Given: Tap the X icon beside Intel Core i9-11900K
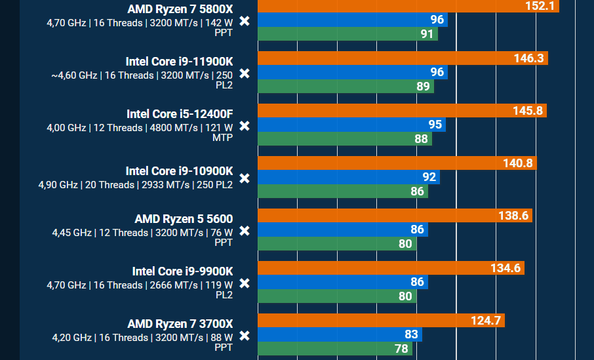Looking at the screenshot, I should [x=244, y=73].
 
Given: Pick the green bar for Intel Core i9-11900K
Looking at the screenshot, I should [x=346, y=86].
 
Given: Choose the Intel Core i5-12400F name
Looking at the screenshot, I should [x=180, y=113].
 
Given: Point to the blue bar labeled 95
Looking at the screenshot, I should [x=351, y=125].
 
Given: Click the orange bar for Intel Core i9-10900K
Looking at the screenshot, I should [x=397, y=163].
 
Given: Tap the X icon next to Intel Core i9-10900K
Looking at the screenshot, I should [x=244, y=178].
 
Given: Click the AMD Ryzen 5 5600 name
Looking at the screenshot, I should [x=184, y=218].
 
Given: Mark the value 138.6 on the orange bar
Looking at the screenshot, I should [x=513, y=216].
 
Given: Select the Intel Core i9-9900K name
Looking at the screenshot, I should [x=182, y=271].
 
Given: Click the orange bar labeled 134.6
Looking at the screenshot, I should [x=391, y=268].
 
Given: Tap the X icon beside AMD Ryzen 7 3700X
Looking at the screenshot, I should [x=244, y=336].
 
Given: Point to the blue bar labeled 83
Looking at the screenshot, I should [x=340, y=334].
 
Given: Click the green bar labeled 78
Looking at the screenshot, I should [x=335, y=348].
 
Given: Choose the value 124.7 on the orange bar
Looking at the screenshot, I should [x=486, y=321].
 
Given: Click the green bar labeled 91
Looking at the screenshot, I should [x=347, y=33].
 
